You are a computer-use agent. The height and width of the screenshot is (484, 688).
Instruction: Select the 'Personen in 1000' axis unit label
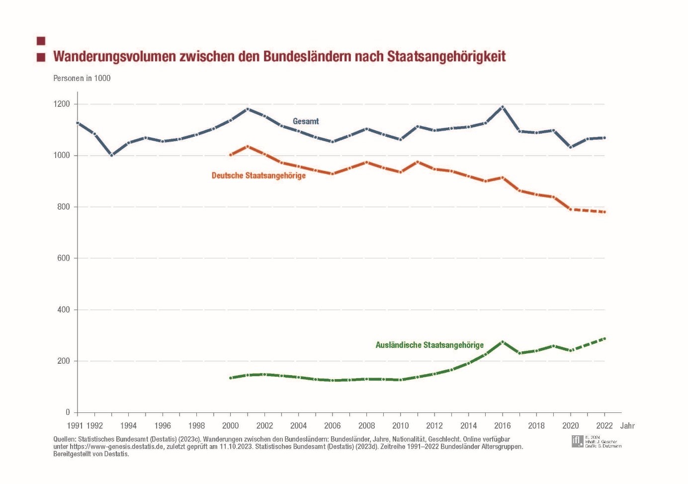pos(82,78)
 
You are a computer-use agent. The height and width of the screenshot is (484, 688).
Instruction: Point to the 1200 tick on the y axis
pos(63,104)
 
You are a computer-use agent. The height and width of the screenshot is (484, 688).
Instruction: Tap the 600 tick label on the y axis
pos(64,258)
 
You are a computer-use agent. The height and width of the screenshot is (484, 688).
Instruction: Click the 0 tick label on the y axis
pos(68,412)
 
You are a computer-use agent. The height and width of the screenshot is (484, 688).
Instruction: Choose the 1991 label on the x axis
pos(75,426)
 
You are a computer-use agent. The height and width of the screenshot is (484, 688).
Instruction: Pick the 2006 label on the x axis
pos(333,426)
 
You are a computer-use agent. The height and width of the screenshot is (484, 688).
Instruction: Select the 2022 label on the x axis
pos(604,426)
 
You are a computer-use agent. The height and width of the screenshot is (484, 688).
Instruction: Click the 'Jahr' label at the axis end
pos(627,426)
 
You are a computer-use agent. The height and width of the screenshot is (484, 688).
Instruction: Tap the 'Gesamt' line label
pos(306,121)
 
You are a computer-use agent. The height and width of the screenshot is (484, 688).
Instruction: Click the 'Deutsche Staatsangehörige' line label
pos(258,175)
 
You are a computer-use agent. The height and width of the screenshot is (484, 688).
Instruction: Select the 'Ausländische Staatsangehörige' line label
pos(430,345)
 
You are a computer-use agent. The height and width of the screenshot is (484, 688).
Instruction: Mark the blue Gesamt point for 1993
pos(112,155)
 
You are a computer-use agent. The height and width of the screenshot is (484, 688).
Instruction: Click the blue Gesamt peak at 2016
pos(503,107)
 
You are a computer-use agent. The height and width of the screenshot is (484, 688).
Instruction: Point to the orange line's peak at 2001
pos(248,147)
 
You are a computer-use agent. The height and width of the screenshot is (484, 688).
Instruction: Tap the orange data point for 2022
pos(604,212)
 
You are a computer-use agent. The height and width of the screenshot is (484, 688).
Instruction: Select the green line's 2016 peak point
pos(503,342)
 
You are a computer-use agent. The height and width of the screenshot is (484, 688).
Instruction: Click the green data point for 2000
pos(231,378)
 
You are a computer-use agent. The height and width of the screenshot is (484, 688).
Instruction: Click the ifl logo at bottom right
pos(577,441)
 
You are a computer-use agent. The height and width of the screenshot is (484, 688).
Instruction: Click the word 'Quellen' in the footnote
pos(65,439)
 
